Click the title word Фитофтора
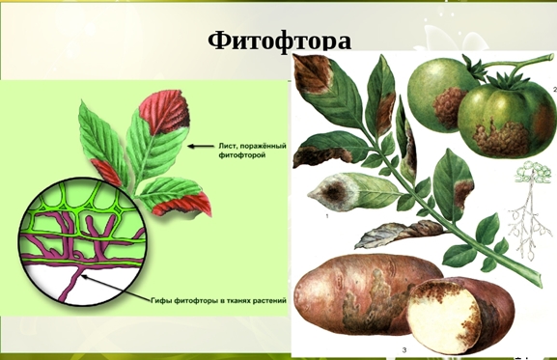click(x=279, y=41)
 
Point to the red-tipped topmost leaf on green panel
click(x=166, y=111)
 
